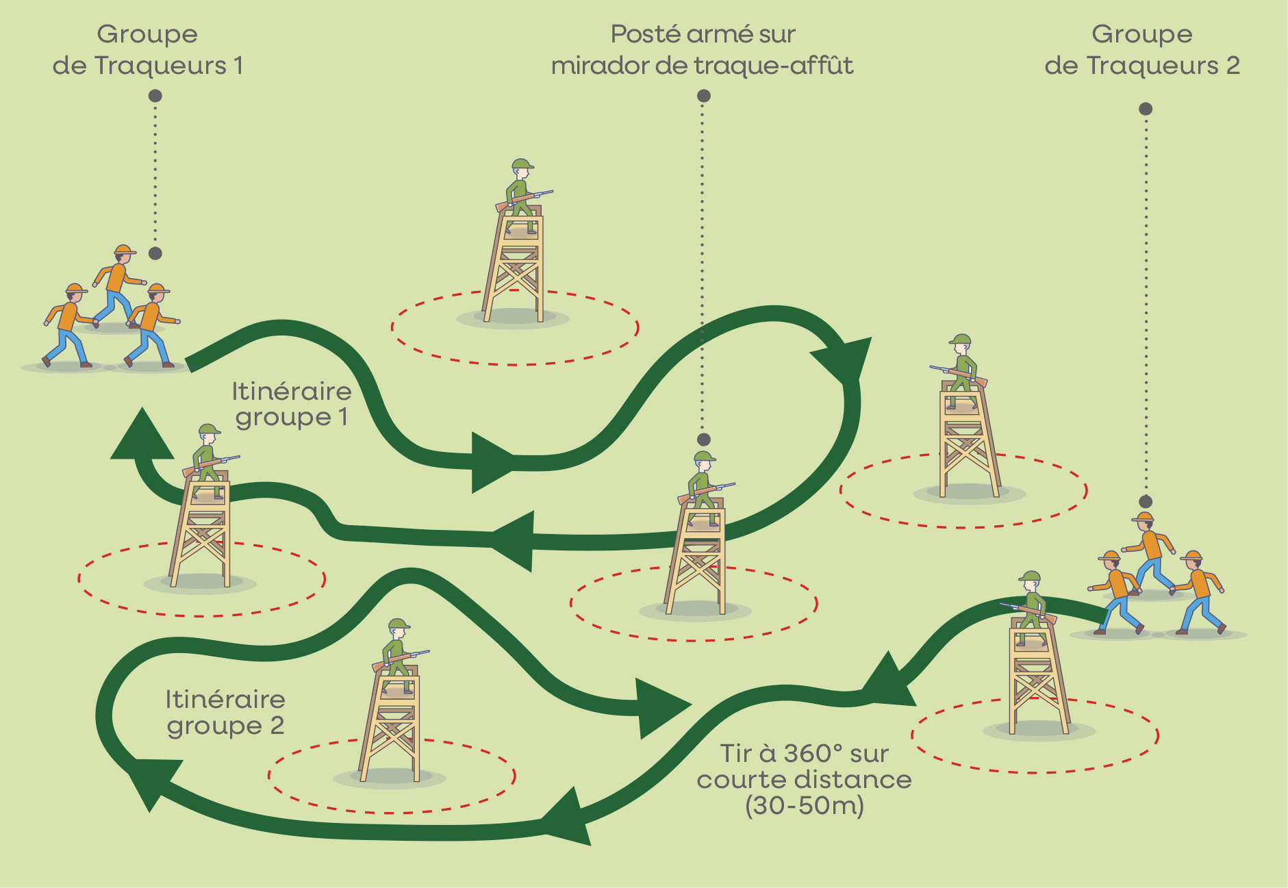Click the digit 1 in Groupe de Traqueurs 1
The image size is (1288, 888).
click(x=238, y=66)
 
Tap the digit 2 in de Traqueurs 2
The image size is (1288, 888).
click(x=1233, y=66)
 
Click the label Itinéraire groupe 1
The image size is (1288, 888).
click(x=292, y=404)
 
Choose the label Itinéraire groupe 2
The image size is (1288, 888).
click(x=225, y=713)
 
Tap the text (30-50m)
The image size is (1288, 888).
click(x=805, y=806)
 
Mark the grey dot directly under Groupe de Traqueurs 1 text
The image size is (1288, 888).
click(x=155, y=96)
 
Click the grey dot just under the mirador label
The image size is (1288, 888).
click(x=704, y=96)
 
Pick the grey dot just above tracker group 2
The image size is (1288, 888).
click(x=1146, y=502)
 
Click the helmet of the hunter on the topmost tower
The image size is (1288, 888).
click(x=522, y=164)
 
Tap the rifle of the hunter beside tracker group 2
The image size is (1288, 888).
click(x=1028, y=611)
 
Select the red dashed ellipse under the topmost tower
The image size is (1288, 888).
click(x=515, y=328)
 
